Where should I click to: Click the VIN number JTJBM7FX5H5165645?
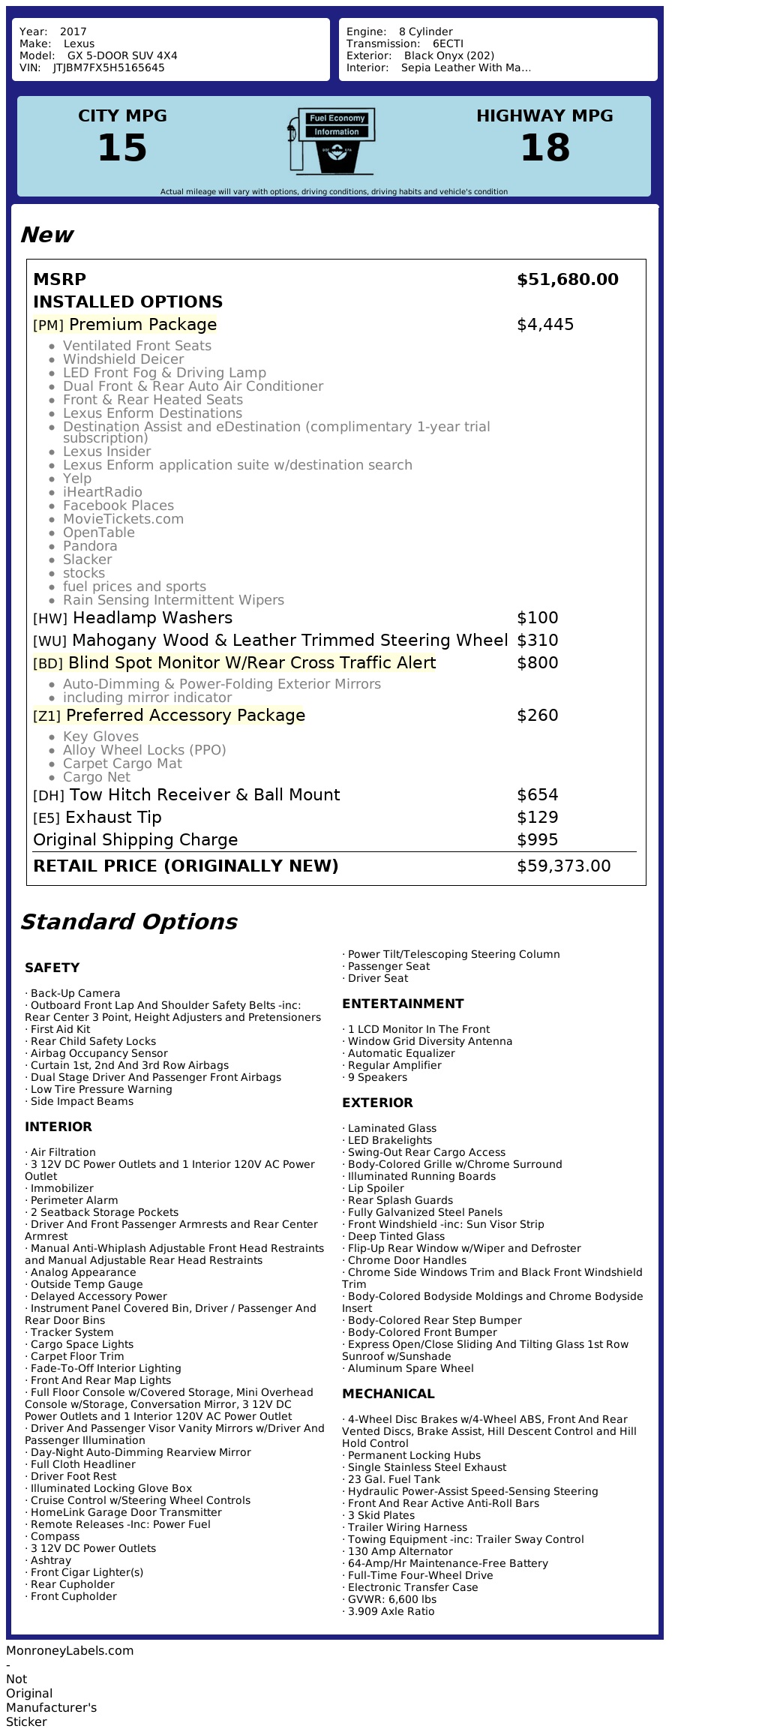[x=109, y=68]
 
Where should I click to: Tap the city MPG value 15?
[x=122, y=148]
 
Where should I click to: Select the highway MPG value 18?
[x=544, y=148]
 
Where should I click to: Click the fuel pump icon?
[x=330, y=141]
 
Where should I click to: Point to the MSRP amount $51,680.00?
[x=568, y=280]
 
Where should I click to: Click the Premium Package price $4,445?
[x=545, y=325]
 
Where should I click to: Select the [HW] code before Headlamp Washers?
[x=50, y=619]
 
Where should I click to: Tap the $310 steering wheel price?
[x=538, y=641]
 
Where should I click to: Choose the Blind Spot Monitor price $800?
[x=538, y=663]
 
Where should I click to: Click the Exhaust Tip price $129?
[x=538, y=818]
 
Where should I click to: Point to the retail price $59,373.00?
[x=564, y=866]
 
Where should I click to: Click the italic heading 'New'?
[x=46, y=235]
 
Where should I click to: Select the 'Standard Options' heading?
[x=129, y=922]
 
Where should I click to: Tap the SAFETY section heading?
[x=52, y=968]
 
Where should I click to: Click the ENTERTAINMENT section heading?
[x=403, y=1004]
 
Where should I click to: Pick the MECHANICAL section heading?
[x=388, y=1394]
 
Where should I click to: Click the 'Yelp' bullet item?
[x=77, y=479]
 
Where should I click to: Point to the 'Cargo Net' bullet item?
[x=97, y=777]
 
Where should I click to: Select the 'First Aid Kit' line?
[x=60, y=1029]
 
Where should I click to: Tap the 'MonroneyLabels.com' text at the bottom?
[x=70, y=1650]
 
